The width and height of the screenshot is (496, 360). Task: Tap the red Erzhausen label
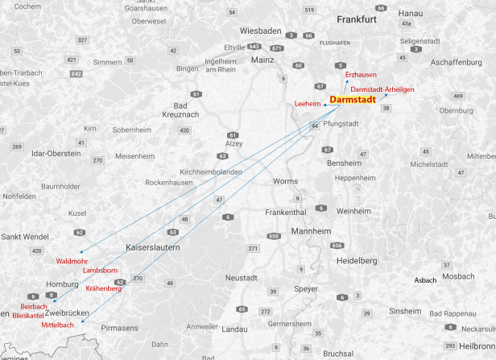pos(360,75)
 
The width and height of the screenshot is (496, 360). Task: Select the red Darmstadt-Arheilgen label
pos(383,89)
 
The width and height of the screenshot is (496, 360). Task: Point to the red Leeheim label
pos(308,104)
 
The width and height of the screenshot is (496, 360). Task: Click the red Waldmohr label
pos(72,261)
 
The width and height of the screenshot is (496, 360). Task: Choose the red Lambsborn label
pos(100,271)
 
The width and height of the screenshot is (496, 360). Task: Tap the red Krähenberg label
pos(103,288)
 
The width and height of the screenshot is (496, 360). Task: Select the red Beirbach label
pos(34,307)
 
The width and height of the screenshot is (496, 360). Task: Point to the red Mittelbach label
pos(57,325)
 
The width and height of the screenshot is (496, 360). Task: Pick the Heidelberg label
pos(357,261)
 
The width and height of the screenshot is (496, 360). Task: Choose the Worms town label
pos(286,181)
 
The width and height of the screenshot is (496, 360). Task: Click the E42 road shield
pos(76,74)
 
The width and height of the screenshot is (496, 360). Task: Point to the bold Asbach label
pos(424,279)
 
